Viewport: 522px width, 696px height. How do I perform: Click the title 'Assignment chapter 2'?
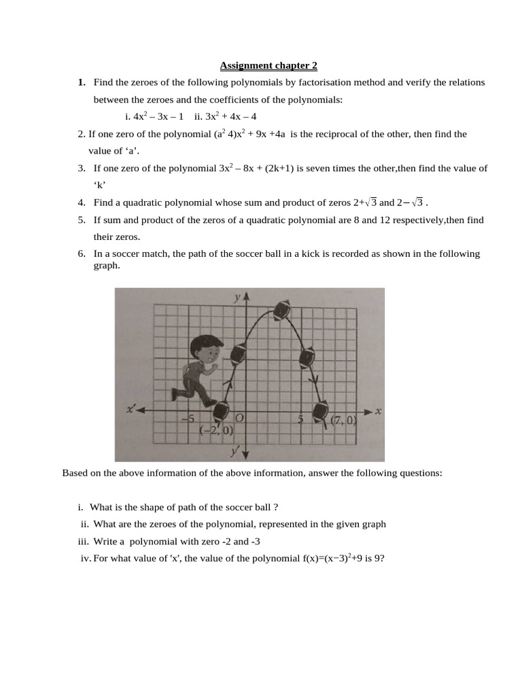[x=268, y=66]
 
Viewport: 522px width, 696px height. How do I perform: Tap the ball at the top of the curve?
[x=281, y=310]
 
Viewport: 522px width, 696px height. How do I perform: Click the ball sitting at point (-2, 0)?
[x=222, y=411]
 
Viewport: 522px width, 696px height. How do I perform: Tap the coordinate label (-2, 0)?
[x=216, y=430]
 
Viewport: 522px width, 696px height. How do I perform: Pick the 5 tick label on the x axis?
[x=300, y=419]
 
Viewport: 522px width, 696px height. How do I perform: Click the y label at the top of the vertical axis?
[x=236, y=297]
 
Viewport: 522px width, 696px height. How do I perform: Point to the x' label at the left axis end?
[x=131, y=409]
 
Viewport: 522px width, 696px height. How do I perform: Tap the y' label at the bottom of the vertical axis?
[x=234, y=451]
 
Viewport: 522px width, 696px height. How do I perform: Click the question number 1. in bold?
[x=82, y=82]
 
